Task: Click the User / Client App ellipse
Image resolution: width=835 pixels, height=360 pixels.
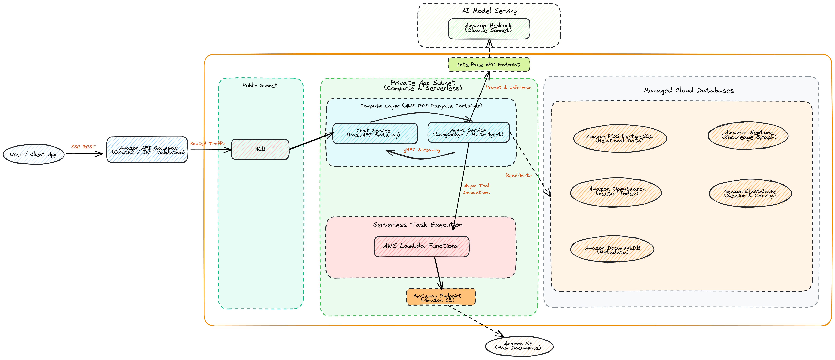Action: click(33, 154)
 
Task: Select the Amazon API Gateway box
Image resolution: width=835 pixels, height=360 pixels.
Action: click(147, 150)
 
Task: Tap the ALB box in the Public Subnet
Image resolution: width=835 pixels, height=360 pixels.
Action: click(260, 149)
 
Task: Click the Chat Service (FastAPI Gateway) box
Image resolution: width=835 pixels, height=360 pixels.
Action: click(375, 133)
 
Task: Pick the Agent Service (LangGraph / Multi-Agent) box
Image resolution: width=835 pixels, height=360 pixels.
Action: click(468, 132)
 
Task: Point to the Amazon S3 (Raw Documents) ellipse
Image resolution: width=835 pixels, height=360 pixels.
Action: click(519, 346)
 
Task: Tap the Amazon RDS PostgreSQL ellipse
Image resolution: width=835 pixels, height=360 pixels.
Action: click(620, 139)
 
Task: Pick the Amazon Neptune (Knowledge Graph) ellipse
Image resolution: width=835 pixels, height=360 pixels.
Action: click(748, 135)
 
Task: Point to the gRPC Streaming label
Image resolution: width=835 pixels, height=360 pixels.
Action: click(422, 150)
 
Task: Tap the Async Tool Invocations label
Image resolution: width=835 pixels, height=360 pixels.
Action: click(476, 189)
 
